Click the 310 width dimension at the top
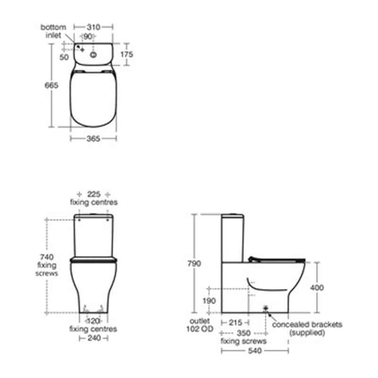click(x=94, y=27)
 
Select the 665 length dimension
click(x=52, y=86)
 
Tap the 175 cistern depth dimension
click(x=127, y=54)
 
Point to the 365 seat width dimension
click(x=93, y=138)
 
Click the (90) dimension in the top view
click(x=88, y=36)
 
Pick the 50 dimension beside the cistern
click(x=64, y=57)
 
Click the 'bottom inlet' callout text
click(x=53, y=31)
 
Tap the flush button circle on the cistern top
click(x=93, y=55)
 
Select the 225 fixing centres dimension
click(x=94, y=194)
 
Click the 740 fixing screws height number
click(x=47, y=257)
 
